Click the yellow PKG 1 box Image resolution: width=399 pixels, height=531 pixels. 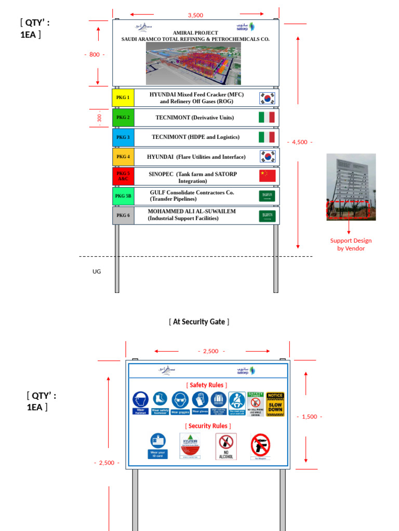click(x=123, y=97)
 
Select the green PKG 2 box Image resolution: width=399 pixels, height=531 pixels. click(x=123, y=118)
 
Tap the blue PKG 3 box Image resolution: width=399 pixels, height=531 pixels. click(x=123, y=137)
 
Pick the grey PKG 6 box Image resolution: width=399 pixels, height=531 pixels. click(x=123, y=215)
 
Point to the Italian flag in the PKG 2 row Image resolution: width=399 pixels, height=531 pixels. click(x=267, y=118)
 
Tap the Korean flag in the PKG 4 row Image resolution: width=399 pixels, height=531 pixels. click(x=267, y=157)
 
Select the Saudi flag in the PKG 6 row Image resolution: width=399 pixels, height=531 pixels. click(x=267, y=216)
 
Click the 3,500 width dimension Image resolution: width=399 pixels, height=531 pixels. click(x=195, y=15)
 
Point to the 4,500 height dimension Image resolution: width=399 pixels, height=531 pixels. click(x=299, y=142)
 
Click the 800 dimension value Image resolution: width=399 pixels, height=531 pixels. click(x=94, y=54)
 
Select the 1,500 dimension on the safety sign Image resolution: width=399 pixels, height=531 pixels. click(x=309, y=416)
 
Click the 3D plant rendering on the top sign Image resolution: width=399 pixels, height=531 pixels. click(x=193, y=63)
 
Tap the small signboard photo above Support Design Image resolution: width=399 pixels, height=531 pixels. click(x=351, y=187)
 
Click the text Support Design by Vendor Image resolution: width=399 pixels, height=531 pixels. click(x=351, y=244)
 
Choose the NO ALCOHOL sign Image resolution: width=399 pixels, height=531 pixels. click(x=226, y=446)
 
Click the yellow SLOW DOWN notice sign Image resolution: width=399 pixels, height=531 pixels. click(x=275, y=404)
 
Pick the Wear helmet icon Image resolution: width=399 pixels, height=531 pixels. click(x=140, y=402)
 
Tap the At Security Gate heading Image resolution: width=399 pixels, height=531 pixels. click(x=199, y=322)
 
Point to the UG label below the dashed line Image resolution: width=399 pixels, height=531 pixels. click(x=97, y=271)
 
